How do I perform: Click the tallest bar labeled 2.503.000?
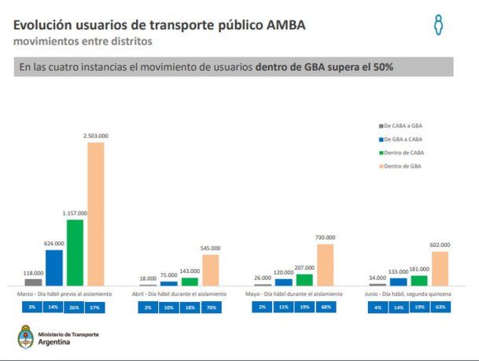pyautogui.click(x=95, y=213)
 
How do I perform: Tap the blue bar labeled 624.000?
pyautogui.click(x=54, y=267)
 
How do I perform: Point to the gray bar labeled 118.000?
pyautogui.click(x=34, y=282)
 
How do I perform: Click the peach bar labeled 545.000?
pyautogui.click(x=210, y=270)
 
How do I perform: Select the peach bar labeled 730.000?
pyautogui.click(x=325, y=264)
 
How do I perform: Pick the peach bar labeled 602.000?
pyautogui.click(x=440, y=268)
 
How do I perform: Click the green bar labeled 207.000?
pyautogui.click(x=304, y=279)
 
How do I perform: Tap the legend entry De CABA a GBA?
pyautogui.click(x=406, y=126)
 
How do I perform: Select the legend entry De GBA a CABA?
pyautogui.click(x=406, y=140)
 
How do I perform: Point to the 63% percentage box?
pyautogui.click(x=440, y=307)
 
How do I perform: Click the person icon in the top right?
pyautogui.click(x=439, y=24)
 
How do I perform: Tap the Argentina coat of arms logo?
pyautogui.click(x=25, y=338)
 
